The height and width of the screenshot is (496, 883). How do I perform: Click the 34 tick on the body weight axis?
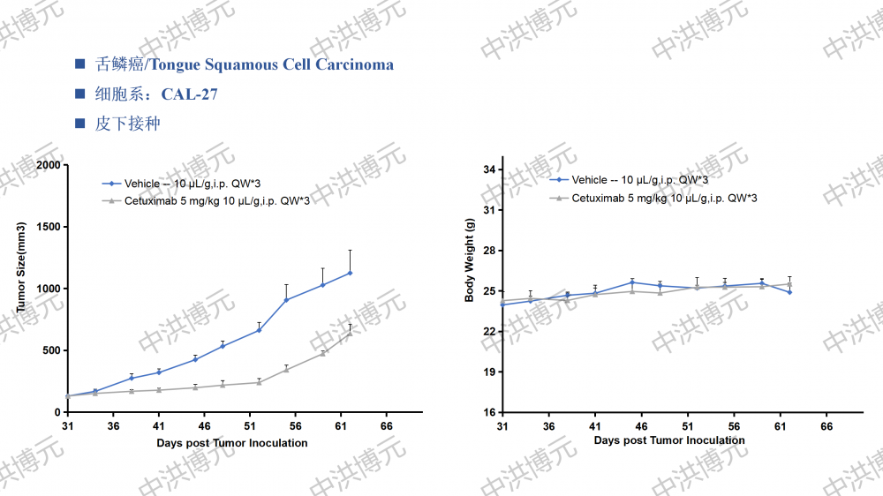pos(487,170)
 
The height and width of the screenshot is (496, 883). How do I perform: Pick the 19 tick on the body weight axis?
pos(487,372)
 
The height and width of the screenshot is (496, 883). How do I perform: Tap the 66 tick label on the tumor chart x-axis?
pos(386,425)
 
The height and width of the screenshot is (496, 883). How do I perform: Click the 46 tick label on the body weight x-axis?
pos(642,425)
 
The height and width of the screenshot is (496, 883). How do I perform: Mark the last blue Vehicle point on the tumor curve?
pos(350,273)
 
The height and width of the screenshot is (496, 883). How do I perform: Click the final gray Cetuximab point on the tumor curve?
pos(350,333)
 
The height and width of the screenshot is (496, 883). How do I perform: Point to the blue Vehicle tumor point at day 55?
pos(286,300)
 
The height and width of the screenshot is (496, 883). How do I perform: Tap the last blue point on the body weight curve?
pos(789,291)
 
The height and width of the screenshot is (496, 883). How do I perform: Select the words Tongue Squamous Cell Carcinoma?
pos(299,64)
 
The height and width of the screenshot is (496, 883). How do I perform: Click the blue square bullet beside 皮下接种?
pos(80,124)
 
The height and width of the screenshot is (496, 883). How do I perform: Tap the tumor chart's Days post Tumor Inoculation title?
pos(232,442)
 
